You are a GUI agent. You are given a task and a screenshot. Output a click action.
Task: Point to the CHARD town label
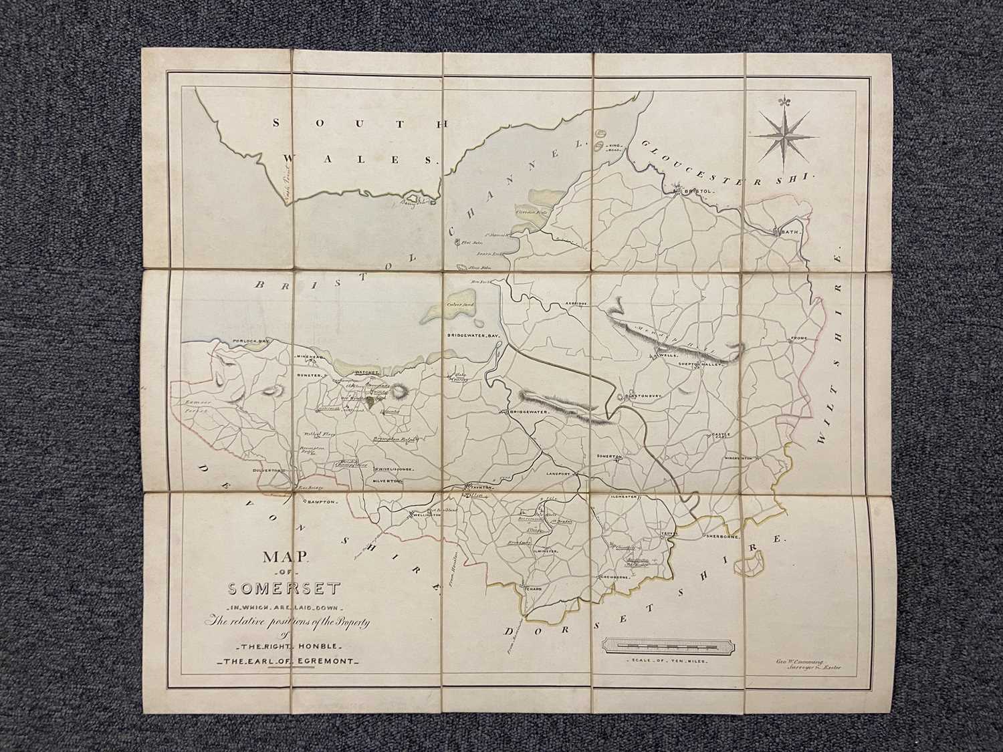(x=532, y=589)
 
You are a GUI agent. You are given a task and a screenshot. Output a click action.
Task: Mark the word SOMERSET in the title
(x=284, y=590)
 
